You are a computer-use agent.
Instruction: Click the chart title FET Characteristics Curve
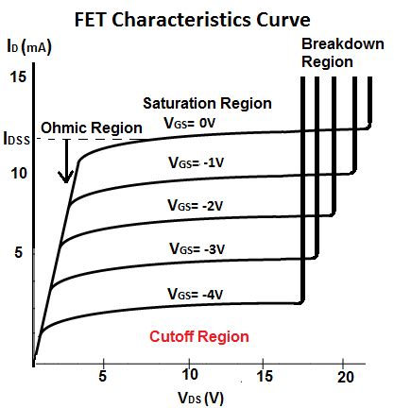tap(196, 18)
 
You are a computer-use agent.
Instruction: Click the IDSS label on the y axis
tap(18, 142)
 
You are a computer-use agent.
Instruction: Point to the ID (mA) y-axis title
tap(26, 44)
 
